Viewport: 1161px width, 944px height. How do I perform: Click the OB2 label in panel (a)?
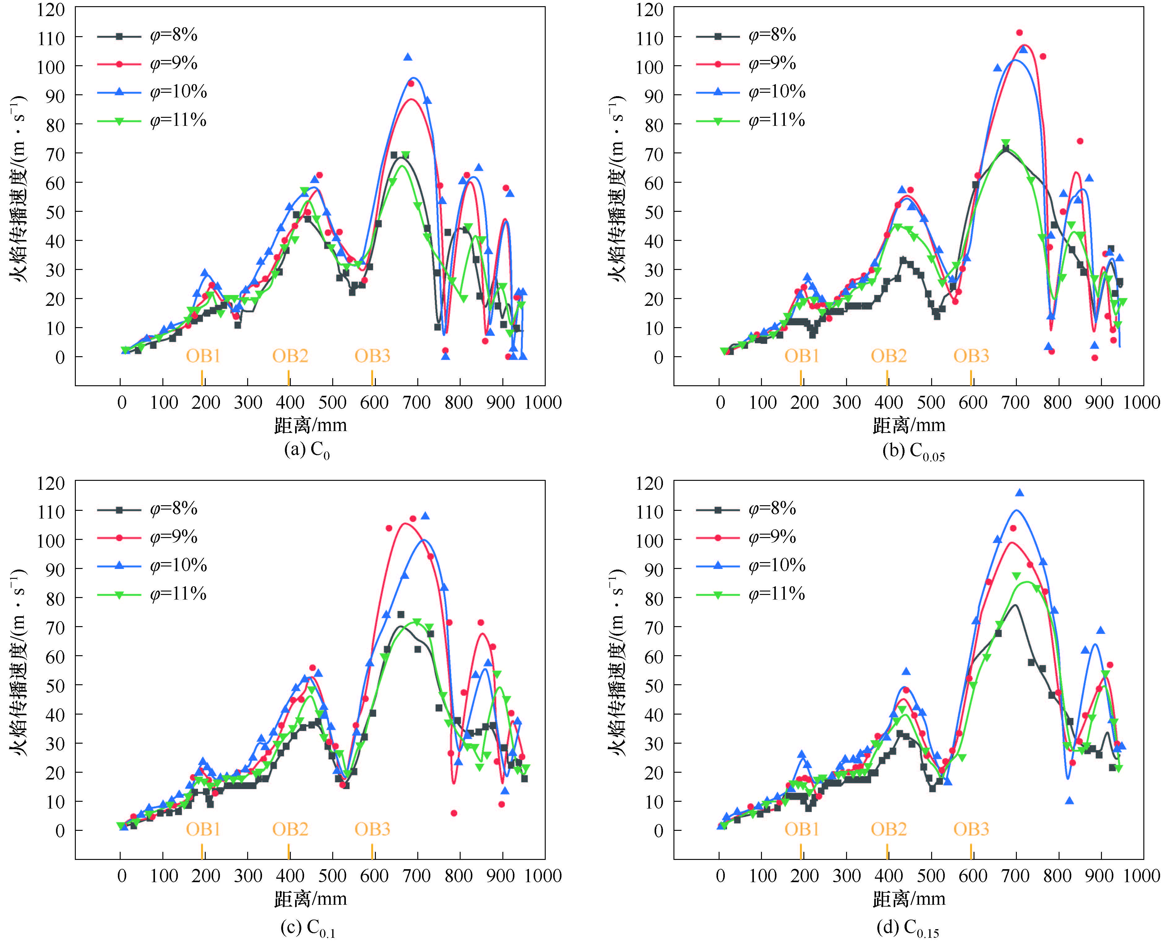290,356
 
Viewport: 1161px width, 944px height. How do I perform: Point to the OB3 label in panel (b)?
971,356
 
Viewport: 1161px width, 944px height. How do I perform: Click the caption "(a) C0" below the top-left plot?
307,450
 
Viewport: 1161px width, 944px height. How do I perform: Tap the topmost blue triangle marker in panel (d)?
1019,493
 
